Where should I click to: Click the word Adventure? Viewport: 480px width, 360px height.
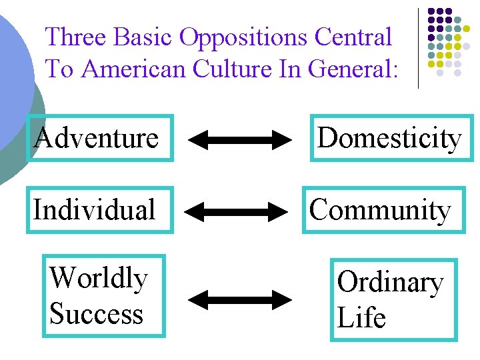click(x=97, y=139)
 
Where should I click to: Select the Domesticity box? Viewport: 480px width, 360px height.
click(x=389, y=139)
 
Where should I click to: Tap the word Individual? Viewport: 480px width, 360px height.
click(x=94, y=210)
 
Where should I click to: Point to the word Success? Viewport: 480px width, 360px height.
click(x=97, y=313)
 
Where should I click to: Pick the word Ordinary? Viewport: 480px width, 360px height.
click(x=390, y=282)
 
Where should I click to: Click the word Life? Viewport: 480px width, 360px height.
click(x=361, y=317)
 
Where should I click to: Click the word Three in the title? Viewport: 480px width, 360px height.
click(x=76, y=37)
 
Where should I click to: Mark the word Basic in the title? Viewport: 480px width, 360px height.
click(x=143, y=37)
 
